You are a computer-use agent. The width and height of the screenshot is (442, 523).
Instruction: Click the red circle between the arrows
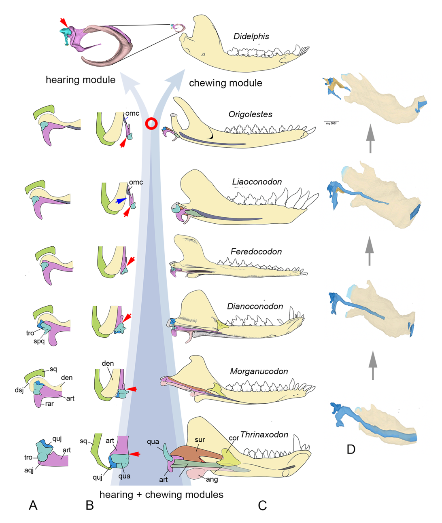click(x=151, y=124)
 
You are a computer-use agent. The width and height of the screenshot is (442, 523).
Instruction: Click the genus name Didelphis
click(x=251, y=36)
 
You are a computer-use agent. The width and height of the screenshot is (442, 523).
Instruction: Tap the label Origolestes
click(x=250, y=114)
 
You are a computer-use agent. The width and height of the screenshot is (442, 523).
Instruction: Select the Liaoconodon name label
click(x=257, y=182)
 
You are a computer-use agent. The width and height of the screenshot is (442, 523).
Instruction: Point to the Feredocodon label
click(x=256, y=252)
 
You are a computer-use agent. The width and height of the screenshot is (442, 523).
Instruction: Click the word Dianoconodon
click(x=255, y=306)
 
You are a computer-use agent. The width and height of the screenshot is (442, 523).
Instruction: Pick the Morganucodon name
click(x=259, y=371)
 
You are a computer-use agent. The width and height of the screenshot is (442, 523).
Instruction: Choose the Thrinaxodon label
click(x=264, y=435)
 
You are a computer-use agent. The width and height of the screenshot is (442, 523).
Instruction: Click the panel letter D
click(x=351, y=449)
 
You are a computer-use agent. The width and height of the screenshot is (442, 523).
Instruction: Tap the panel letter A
click(x=33, y=505)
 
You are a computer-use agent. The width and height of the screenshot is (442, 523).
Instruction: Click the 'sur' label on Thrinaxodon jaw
click(x=200, y=440)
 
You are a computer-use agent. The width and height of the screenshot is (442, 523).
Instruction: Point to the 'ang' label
click(x=212, y=479)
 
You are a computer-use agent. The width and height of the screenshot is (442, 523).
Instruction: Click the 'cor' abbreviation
click(x=234, y=438)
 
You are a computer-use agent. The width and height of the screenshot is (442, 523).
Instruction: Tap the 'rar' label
click(x=49, y=404)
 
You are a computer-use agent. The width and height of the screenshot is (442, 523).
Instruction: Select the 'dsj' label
click(x=19, y=390)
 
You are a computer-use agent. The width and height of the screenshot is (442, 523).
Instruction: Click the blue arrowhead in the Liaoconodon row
click(x=120, y=201)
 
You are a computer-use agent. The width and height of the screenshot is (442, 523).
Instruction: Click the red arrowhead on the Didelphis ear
click(x=63, y=22)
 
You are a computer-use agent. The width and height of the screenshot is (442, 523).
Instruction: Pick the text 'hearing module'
click(x=81, y=80)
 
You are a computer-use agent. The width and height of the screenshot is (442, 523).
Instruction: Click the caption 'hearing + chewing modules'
click(x=161, y=495)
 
